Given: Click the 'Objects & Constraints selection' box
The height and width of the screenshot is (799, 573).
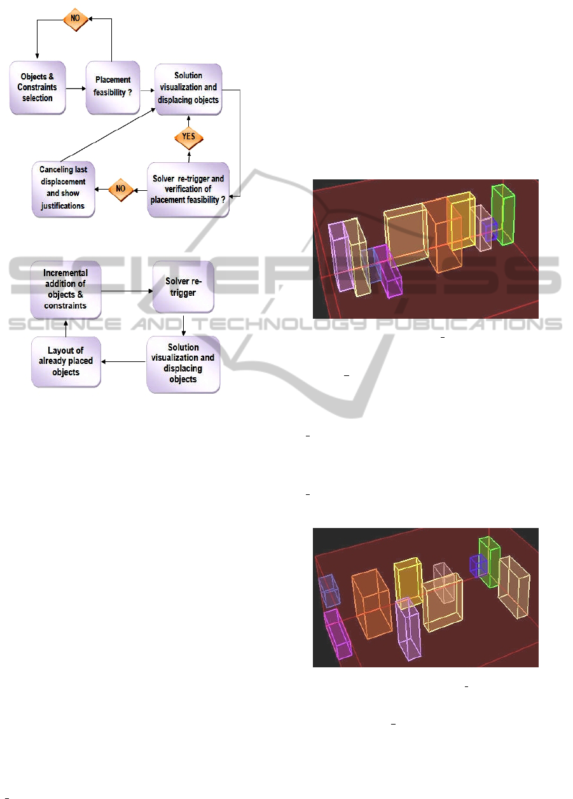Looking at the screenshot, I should (x=38, y=88).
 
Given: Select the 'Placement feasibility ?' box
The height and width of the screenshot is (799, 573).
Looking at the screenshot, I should (x=113, y=88).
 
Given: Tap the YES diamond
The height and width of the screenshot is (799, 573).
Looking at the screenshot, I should (x=188, y=136).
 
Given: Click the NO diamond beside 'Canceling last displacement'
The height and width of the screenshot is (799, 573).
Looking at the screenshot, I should (x=120, y=189).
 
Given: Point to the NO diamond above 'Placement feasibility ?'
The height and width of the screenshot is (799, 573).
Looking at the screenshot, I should (x=74, y=19).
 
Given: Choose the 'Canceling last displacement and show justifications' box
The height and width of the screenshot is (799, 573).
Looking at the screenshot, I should (x=62, y=189).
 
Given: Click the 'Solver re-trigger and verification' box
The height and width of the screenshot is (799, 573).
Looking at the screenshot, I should (x=188, y=190).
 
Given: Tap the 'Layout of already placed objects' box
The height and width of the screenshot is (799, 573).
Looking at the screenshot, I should (x=66, y=361).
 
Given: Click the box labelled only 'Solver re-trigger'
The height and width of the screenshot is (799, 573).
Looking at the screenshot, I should (x=183, y=289).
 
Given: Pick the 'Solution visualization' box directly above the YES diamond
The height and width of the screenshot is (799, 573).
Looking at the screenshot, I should (x=188, y=89).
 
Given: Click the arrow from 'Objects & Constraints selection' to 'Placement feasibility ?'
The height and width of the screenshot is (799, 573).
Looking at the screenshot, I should (x=75, y=89).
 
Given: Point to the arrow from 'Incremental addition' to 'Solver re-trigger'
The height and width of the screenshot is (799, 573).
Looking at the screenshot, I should (x=126, y=290).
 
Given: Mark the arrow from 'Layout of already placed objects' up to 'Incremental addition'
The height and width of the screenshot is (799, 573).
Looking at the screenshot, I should (x=66, y=326).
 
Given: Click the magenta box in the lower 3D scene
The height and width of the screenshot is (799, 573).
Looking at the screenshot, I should (x=338, y=632).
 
